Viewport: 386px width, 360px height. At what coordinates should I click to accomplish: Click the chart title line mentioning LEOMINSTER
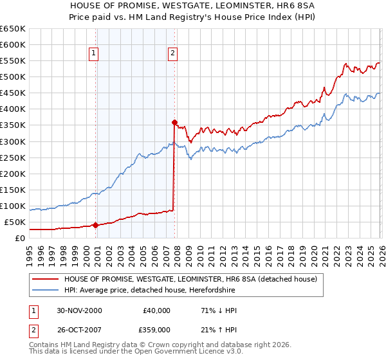coord(194,5)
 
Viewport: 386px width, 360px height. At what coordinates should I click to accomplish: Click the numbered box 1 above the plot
coord(94,54)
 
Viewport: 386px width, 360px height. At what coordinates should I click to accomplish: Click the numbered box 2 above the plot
coord(173,54)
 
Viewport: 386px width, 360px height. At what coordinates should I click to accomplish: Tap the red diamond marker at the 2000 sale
coord(96,225)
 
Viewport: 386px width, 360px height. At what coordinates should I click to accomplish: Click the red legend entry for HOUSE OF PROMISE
coord(190,280)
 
